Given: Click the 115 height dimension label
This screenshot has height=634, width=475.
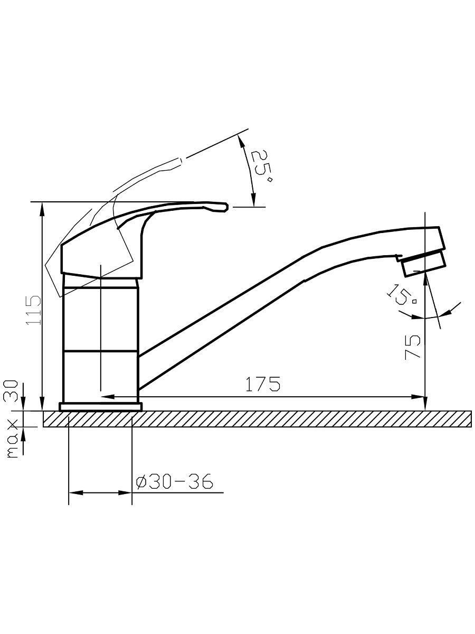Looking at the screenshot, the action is (x=33, y=310).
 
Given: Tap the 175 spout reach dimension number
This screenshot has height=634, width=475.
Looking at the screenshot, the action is (x=263, y=384).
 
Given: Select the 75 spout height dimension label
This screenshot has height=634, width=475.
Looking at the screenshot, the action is (x=412, y=347).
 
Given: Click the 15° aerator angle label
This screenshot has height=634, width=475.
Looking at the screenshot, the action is (x=402, y=294).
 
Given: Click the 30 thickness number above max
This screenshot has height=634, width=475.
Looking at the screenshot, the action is (x=11, y=391).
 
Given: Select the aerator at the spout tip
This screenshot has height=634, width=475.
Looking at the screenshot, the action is (x=423, y=264).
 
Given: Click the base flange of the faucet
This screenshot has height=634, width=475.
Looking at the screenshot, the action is (x=101, y=407).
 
